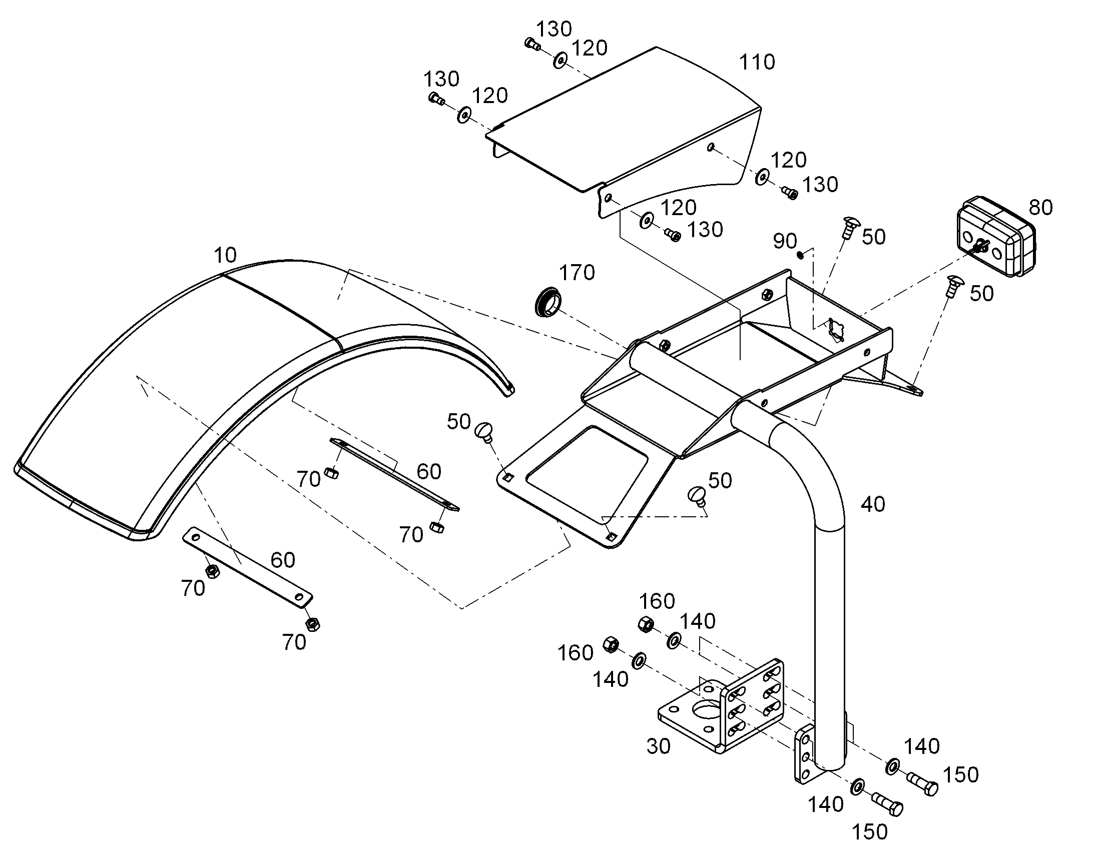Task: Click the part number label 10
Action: pos(225,255)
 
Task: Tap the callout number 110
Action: pos(757,62)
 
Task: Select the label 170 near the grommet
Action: pos(577,273)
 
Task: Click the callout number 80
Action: pos(1041,207)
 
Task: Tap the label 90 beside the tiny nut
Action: pos(785,241)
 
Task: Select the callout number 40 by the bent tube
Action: pos(873,504)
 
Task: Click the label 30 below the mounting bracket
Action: pos(659,746)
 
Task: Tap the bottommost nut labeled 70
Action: pos(313,624)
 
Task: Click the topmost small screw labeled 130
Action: pos(532,44)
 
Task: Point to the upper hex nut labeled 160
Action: pos(646,624)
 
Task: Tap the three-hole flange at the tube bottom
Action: pos(803,754)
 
